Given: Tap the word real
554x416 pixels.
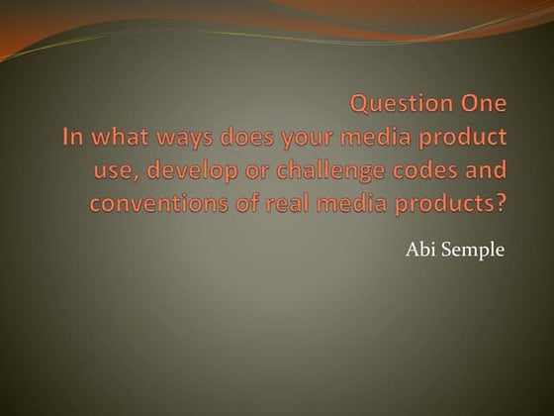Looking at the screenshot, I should coord(276,204).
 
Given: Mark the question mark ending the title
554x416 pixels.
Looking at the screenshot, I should coord(501,204).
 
